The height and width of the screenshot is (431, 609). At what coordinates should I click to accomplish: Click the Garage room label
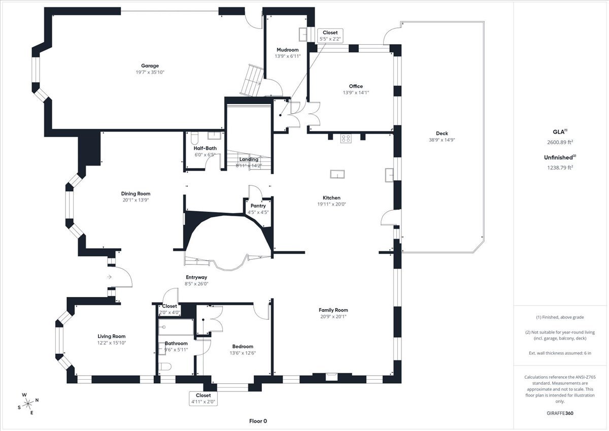[x=150, y=65]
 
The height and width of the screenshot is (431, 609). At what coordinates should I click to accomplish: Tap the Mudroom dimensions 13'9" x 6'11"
[x=287, y=56]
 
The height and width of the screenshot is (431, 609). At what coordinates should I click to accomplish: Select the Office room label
[x=356, y=86]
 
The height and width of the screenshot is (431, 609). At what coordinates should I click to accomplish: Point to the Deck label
[x=442, y=134]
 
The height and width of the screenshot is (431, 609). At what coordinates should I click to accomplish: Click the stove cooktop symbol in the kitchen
[x=346, y=137]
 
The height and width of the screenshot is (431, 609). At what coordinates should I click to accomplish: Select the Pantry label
[x=258, y=206]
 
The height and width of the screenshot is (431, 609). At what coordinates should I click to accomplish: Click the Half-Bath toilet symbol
[x=193, y=138]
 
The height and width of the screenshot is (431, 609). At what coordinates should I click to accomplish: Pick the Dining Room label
[x=136, y=193]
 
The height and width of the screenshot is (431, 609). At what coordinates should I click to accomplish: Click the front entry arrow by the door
[x=109, y=277]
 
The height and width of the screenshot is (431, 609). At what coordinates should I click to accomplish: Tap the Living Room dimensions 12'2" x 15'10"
[x=112, y=343]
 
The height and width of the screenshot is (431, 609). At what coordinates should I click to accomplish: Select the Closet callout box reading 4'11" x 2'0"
[x=203, y=399]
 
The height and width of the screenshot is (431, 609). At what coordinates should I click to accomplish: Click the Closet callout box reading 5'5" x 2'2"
[x=330, y=36]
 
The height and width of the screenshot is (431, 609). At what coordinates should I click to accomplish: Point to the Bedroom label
[x=243, y=347]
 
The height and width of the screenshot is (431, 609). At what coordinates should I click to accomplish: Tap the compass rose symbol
[x=28, y=404]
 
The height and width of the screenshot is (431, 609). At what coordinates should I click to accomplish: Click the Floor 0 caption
[x=258, y=421]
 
